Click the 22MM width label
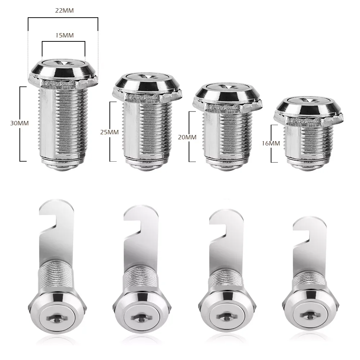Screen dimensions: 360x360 (x=64, y=10)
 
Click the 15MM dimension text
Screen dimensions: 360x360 (x=64, y=36)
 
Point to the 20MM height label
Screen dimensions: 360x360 (x=188, y=137)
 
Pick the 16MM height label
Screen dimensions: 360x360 (x=271, y=143)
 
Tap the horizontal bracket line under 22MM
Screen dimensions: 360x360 (x=63, y=17)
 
